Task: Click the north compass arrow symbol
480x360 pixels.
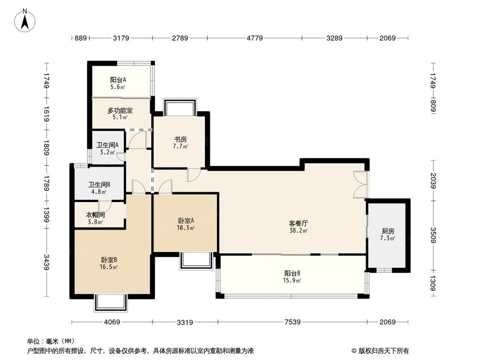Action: pyautogui.click(x=25, y=20)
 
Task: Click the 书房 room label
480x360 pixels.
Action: pyautogui.click(x=180, y=140)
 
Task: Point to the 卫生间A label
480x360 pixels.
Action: pyautogui.click(x=108, y=145)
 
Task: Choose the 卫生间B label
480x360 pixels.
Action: pyautogui.click(x=99, y=184)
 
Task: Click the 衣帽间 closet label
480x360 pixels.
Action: pyautogui.click(x=96, y=215)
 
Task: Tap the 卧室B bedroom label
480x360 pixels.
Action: pyautogui.click(x=109, y=260)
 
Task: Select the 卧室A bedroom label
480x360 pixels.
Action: pyautogui.click(x=186, y=221)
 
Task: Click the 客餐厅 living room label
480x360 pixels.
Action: pyautogui.click(x=298, y=223)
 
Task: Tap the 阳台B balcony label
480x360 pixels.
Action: pyautogui.click(x=292, y=274)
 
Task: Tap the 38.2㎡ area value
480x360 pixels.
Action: pyautogui.click(x=298, y=230)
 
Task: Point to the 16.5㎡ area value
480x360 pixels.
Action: pyautogui.click(x=109, y=267)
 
